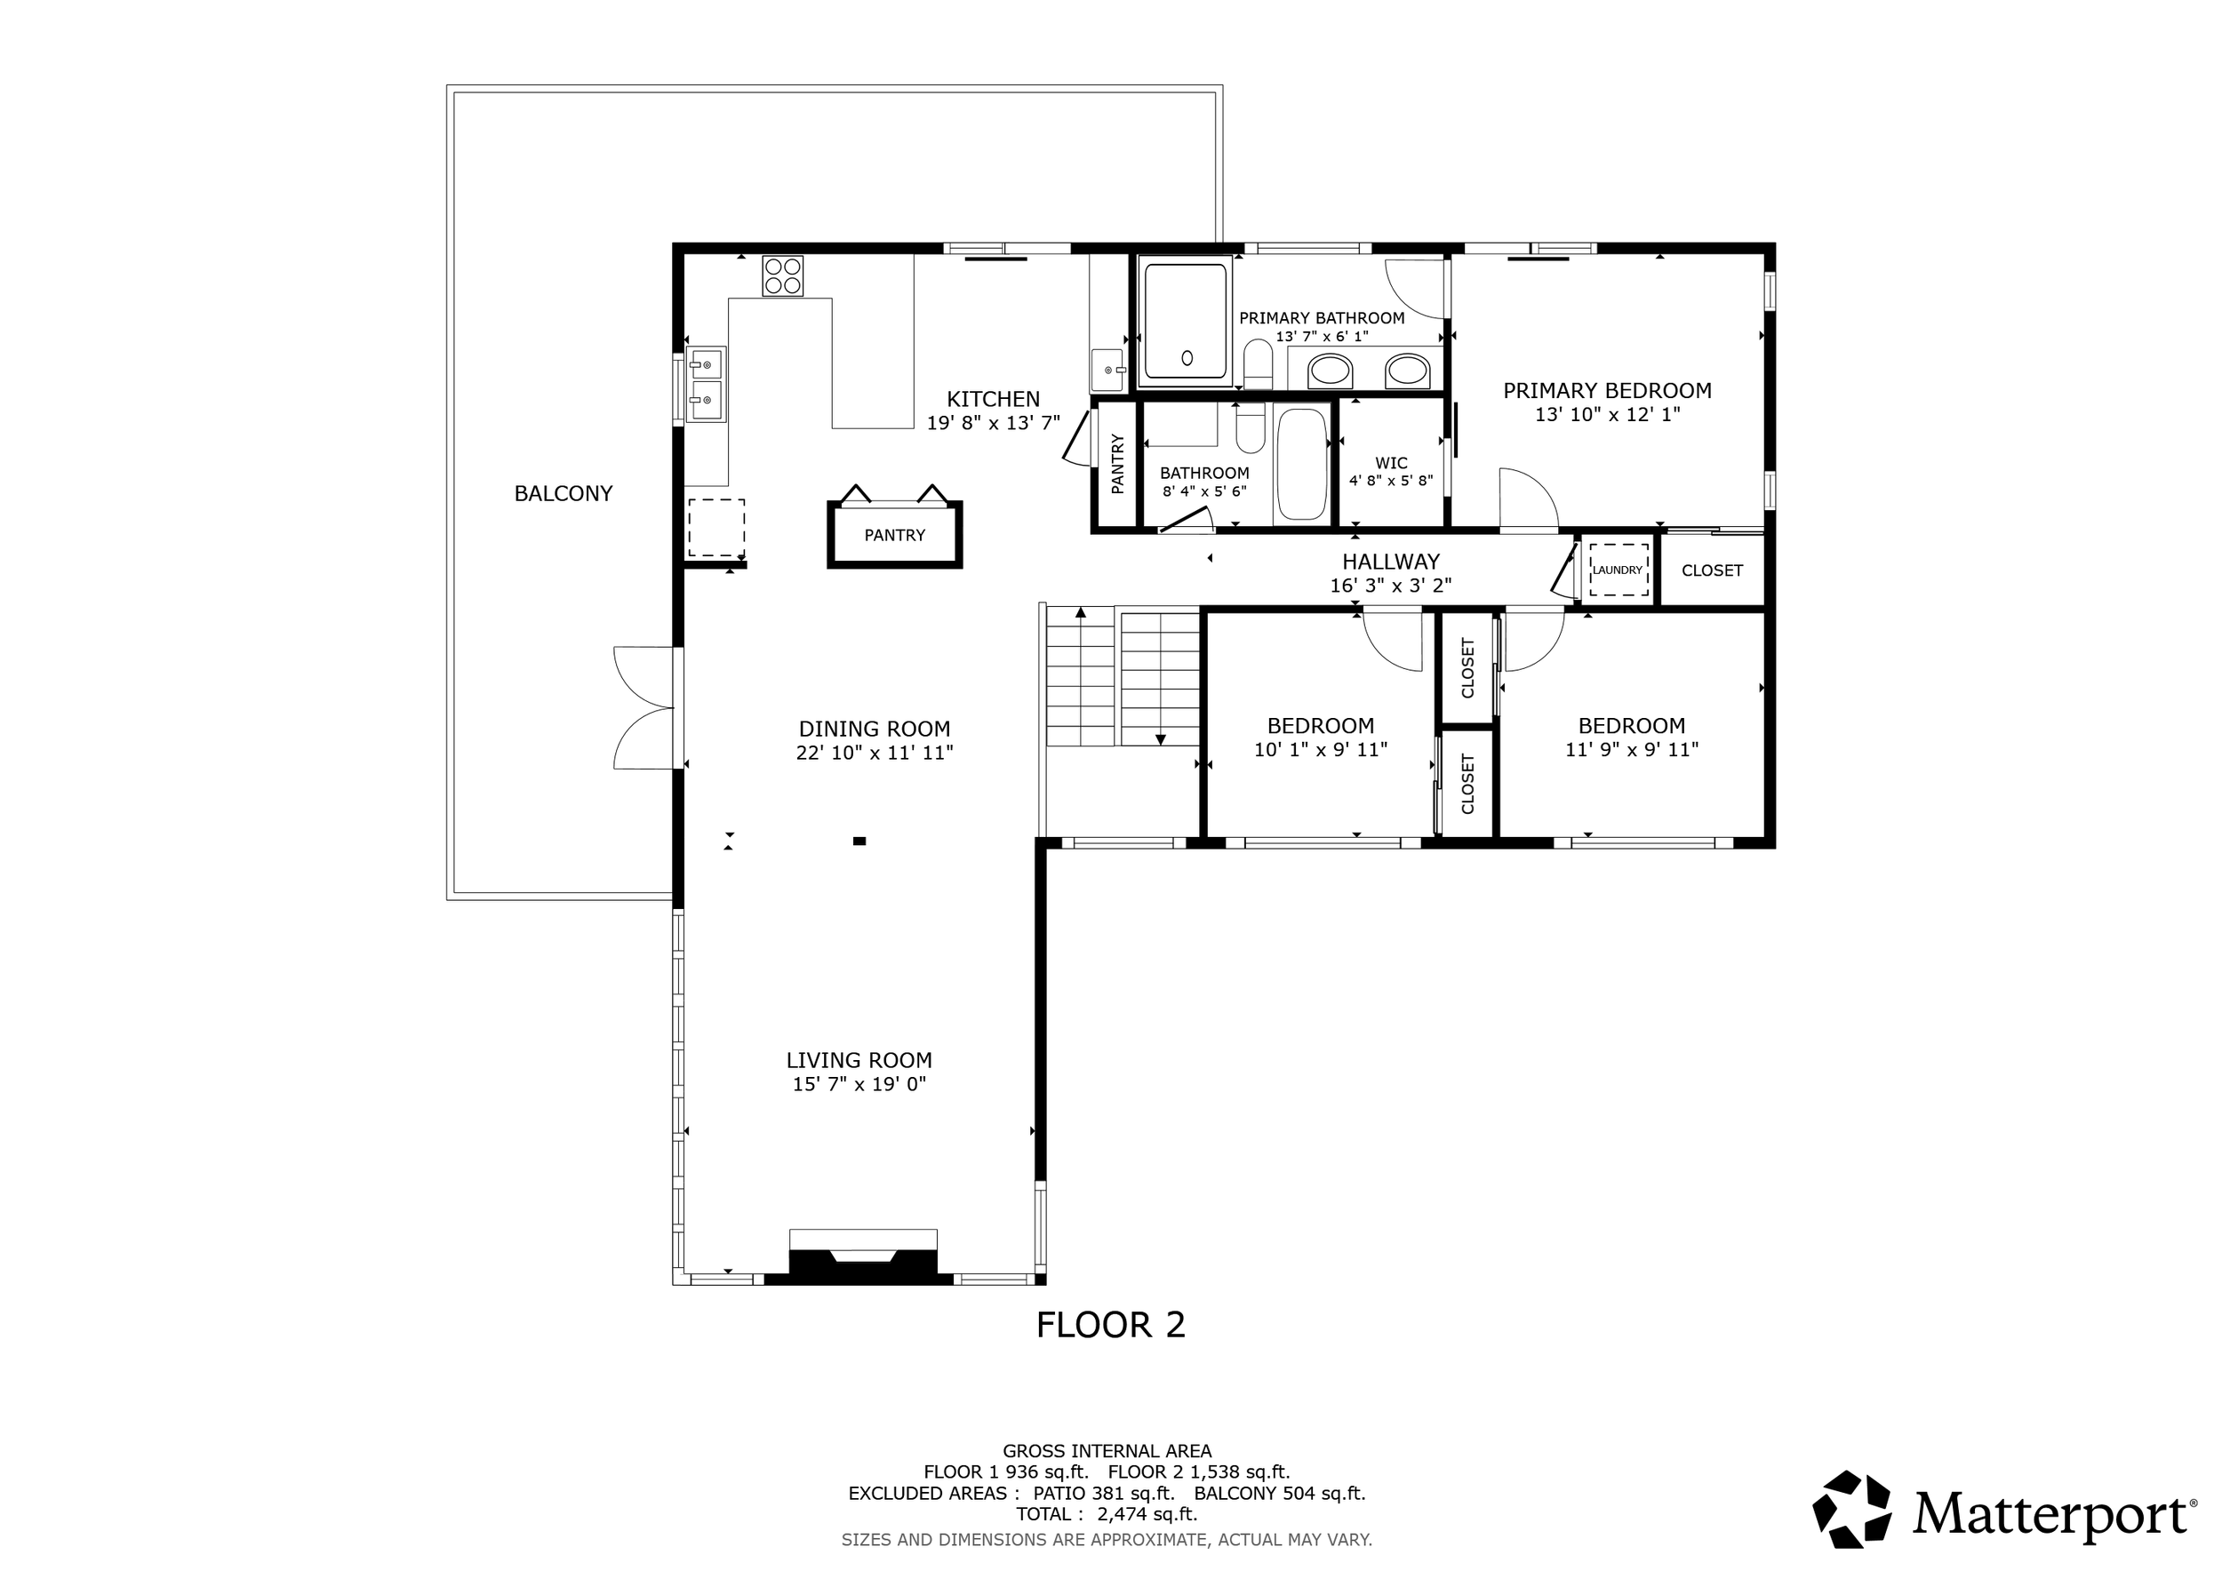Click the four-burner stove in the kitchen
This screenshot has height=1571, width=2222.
pos(782,275)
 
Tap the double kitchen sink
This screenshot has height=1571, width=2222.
pos(706,384)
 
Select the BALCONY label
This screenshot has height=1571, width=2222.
pos(563,494)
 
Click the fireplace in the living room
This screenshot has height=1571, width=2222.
pos(863,1256)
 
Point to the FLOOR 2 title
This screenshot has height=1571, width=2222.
pos(1110,1325)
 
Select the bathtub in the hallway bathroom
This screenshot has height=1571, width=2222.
pos(1302,466)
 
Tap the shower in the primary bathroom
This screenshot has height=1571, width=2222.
pos(1187,320)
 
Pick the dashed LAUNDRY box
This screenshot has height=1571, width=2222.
pos(1619,570)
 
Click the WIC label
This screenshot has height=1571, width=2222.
pos(1391,463)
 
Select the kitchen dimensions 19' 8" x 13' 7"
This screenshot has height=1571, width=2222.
pos(994,423)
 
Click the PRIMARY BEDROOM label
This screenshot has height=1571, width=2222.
pos(1608,391)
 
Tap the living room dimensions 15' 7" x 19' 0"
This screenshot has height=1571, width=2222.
pos(859,1084)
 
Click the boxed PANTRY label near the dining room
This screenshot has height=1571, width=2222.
pos(895,535)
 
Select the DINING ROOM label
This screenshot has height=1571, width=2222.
pos(875,730)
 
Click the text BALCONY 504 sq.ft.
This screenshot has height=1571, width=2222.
pos(1279,1494)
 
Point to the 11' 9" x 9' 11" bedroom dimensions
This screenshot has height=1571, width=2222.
pos(1632,750)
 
